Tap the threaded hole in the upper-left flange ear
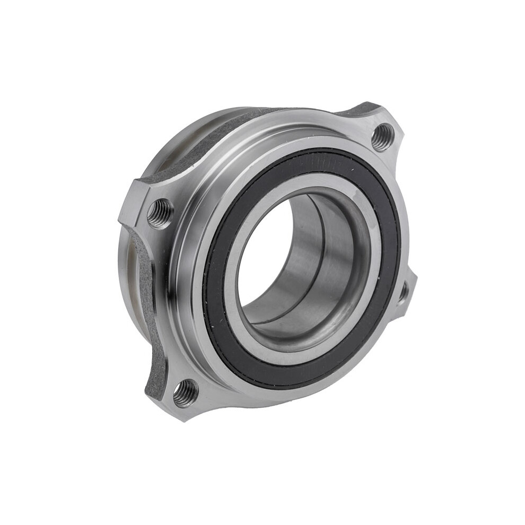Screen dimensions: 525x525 click(160, 213)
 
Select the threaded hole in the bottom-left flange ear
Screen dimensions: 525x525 click(185, 393)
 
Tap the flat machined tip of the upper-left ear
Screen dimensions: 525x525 click(127, 207)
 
